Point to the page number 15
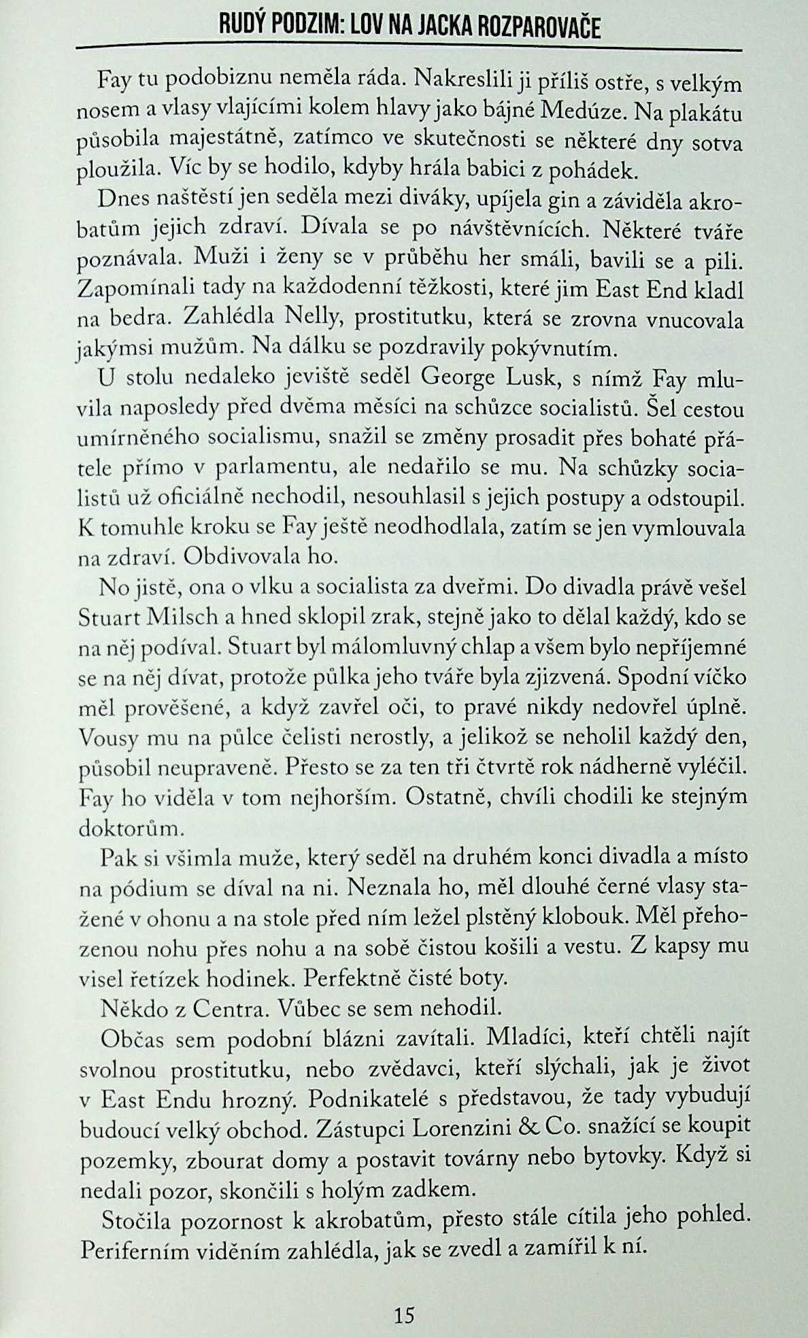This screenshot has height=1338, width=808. [x=404, y=1315]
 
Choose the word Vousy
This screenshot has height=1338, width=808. [x=104, y=738]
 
